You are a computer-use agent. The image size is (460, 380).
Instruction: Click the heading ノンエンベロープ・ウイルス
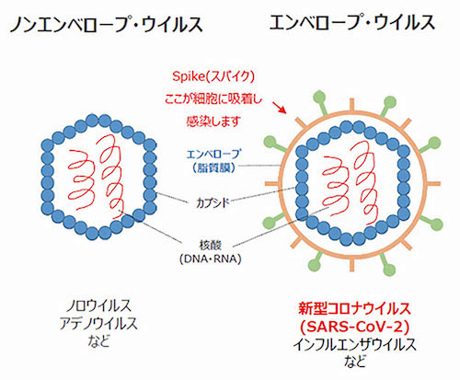click(x=106, y=25)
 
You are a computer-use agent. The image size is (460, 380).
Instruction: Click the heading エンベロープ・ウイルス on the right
click(x=352, y=22)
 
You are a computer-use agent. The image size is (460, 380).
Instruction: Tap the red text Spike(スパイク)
click(x=213, y=76)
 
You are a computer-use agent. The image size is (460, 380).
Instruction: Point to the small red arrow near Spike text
click(x=280, y=108)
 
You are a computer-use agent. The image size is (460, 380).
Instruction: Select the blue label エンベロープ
click(x=213, y=154)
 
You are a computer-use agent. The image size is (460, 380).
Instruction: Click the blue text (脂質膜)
click(x=213, y=167)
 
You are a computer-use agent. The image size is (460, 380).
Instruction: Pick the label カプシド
click(x=213, y=202)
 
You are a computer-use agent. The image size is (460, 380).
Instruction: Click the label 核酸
click(x=211, y=246)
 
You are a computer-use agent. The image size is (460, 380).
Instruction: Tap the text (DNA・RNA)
click(x=211, y=259)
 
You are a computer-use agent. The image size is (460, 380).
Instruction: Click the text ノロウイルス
click(x=98, y=305)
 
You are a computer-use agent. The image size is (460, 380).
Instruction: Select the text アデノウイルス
click(x=98, y=323)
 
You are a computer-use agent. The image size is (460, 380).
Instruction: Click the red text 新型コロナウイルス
click(x=354, y=308)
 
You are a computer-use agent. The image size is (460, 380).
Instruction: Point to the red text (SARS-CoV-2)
click(x=354, y=327)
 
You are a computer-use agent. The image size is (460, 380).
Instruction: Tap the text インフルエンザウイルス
click(x=354, y=345)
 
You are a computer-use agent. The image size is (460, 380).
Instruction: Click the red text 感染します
click(x=213, y=121)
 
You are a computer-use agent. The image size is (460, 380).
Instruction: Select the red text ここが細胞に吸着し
click(x=213, y=99)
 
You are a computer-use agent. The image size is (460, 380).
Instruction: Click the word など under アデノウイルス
click(x=98, y=341)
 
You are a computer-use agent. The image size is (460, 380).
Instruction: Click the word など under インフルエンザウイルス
click(x=354, y=362)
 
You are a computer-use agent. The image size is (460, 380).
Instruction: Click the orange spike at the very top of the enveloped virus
click(x=352, y=105)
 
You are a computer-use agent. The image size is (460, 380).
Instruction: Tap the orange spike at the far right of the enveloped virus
click(x=433, y=184)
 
